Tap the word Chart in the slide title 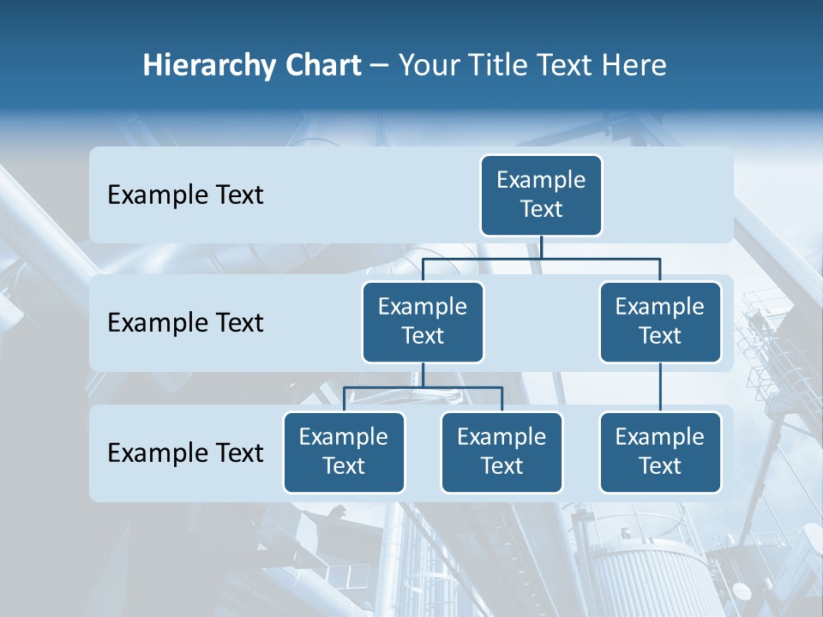point(319,66)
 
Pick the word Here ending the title point(635,66)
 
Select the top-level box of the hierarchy point(541,195)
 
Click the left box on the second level point(423,321)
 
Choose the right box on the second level point(660,321)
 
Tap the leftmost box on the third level point(344,452)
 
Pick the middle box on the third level point(502,452)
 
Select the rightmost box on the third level point(660,452)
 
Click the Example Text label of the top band point(185,195)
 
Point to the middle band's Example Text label point(185,323)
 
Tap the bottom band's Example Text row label point(185,452)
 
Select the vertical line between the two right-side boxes point(660,386)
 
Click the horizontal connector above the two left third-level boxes point(386,387)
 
